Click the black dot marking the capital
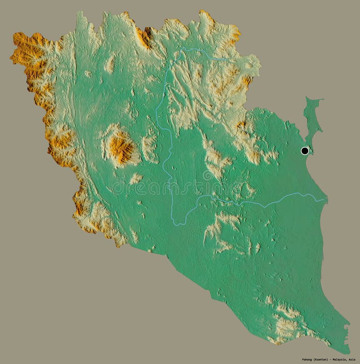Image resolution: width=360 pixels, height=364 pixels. [x=305, y=150]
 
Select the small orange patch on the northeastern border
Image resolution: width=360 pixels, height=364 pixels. [x=247, y=81]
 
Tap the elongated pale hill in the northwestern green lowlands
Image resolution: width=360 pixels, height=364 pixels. [x=109, y=65]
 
